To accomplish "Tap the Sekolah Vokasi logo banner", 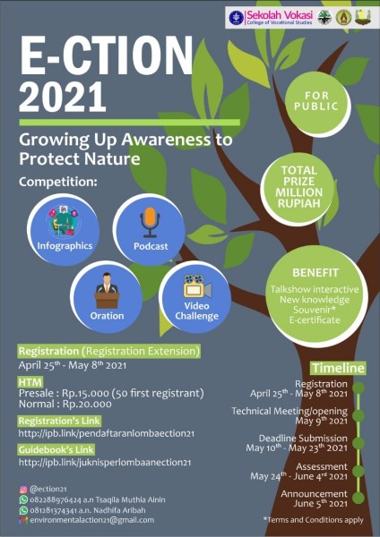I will (299, 17).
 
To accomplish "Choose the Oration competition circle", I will (107, 296).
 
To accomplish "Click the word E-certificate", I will (315, 320).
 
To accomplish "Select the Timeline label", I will (337, 368).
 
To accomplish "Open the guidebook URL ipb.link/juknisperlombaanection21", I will (104, 463).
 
